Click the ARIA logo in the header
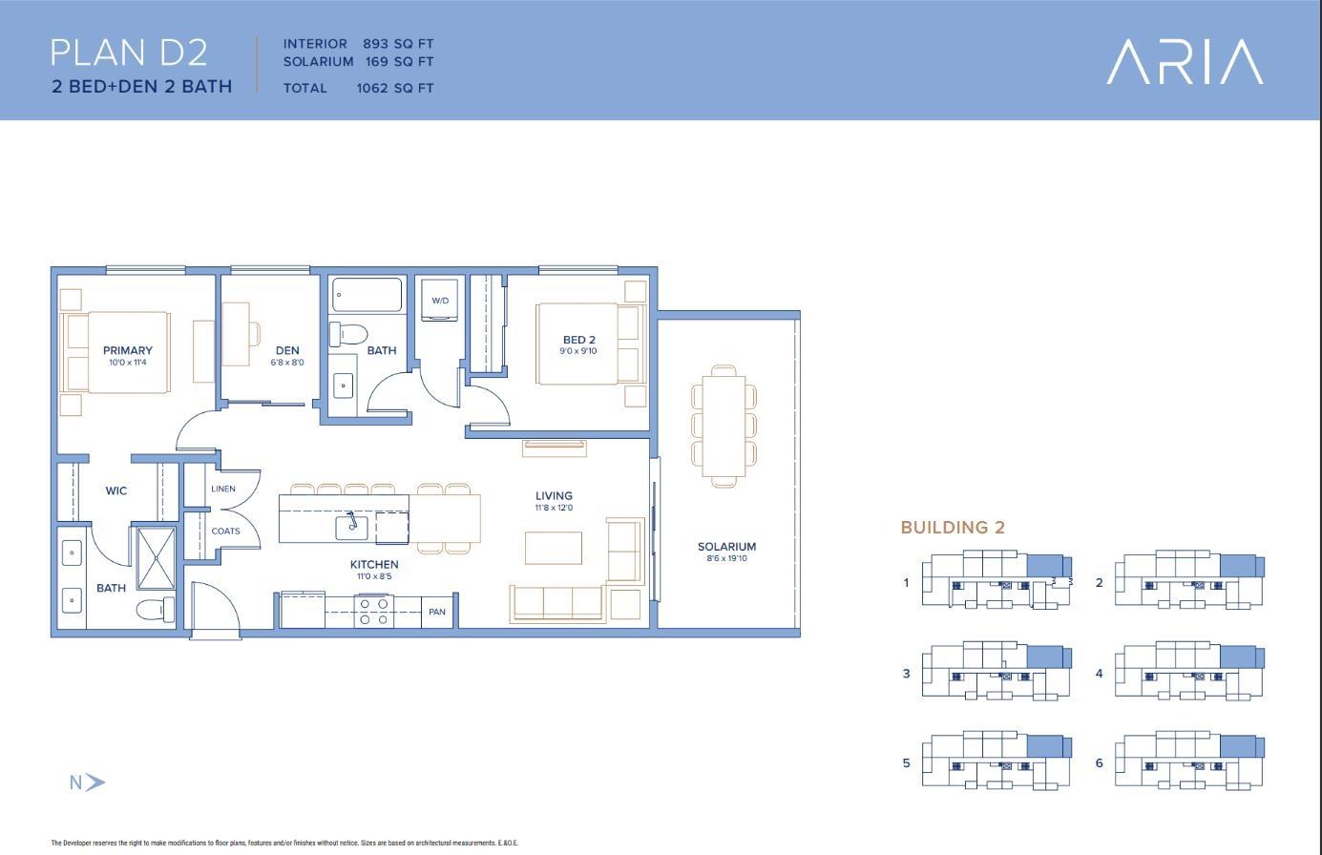coord(1185,62)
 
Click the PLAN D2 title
coord(129,52)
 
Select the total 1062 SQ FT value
coord(394,88)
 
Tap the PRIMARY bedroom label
coord(128,351)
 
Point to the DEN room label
coord(287,351)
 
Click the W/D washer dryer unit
coord(440,301)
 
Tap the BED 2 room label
coord(578,341)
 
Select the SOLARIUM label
coord(726,547)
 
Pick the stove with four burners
coord(372,611)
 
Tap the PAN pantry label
coord(437,612)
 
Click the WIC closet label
coord(115,490)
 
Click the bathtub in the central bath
coord(367,295)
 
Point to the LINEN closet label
coord(222,489)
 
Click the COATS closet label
coord(225,531)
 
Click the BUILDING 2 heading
coord(953,527)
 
